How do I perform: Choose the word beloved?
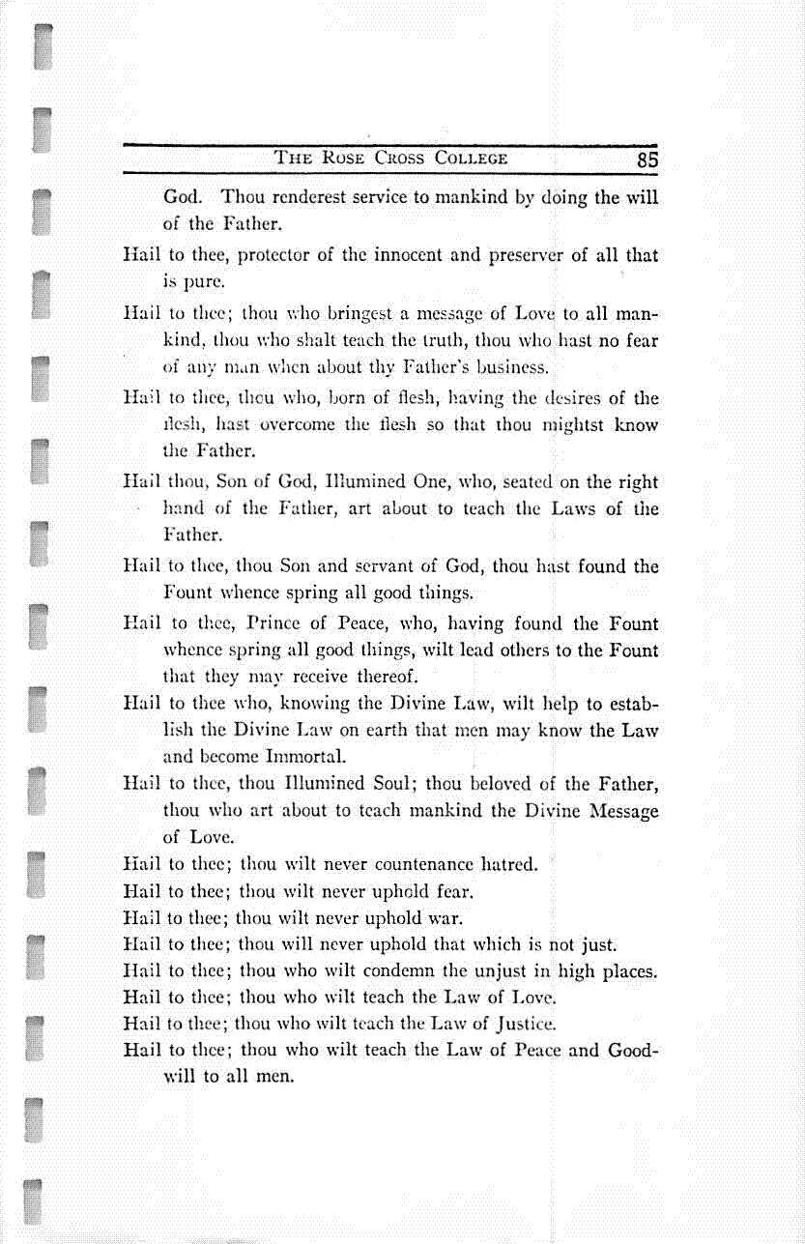503,784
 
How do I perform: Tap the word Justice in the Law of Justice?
523,1024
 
